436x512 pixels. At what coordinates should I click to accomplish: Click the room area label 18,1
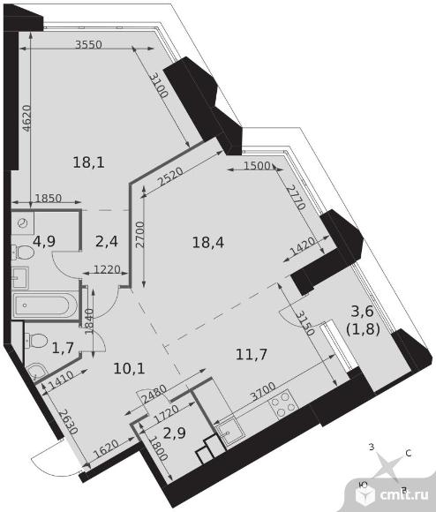(88, 162)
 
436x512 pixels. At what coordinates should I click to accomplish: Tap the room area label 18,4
(208, 243)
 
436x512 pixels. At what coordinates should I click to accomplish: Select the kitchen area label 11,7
(252, 354)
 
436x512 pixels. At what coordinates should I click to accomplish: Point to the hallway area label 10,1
(129, 368)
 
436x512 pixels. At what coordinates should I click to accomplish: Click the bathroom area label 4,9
(44, 241)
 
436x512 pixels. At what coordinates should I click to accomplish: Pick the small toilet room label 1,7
(63, 348)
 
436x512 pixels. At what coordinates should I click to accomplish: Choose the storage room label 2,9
(175, 433)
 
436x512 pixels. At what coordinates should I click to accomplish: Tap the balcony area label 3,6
(362, 312)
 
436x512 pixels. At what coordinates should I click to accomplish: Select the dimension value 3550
(88, 44)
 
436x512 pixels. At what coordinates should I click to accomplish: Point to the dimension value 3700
(263, 392)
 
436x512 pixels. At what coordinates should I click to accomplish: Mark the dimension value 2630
(69, 422)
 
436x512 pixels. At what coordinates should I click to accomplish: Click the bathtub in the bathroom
(45, 305)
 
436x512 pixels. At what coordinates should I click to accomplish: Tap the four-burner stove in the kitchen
(283, 404)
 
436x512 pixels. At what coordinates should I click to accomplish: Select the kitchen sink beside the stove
(229, 431)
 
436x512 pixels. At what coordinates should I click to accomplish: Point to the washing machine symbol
(22, 223)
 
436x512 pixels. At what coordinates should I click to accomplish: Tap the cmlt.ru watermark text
(404, 494)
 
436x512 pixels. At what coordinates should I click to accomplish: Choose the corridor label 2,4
(107, 242)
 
